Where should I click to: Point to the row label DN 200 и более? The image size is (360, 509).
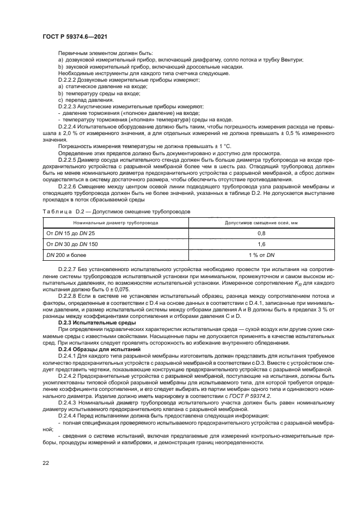click(66, 254)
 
